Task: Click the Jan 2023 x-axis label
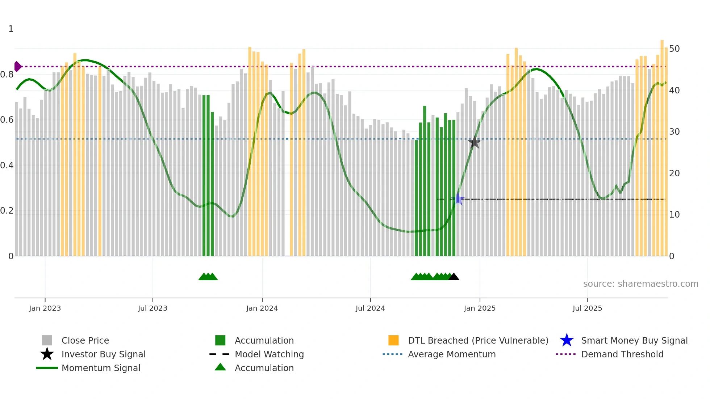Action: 45,308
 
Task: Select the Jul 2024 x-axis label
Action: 370,308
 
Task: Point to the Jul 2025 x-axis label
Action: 587,308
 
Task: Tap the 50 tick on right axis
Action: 674,49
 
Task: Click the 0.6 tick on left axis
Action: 7,120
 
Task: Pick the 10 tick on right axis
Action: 674,215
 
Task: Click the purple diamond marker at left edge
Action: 17,67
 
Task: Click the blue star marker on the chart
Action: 458,199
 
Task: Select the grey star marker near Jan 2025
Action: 474,142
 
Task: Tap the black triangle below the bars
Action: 454,277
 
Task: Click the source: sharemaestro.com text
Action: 640,284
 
